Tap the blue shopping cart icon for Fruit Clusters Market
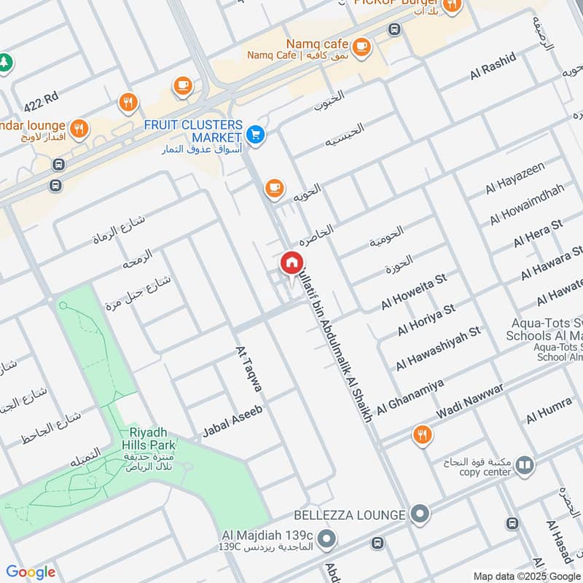coord(255,134)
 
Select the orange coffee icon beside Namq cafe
coord(362,48)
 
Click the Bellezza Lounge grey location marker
coord(419,514)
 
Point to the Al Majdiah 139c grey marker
coord(327,540)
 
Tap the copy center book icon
coord(524,464)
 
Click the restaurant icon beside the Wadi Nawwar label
coord(421,436)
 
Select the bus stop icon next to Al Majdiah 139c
coord(377,543)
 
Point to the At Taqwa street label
coord(249,373)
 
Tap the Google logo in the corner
coord(31,572)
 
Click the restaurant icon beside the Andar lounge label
coord(79,130)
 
